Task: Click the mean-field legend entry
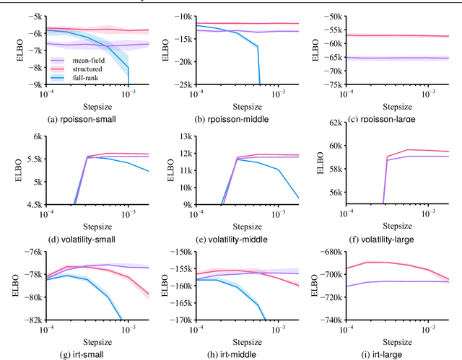[84, 61]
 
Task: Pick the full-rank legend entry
[83, 77]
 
